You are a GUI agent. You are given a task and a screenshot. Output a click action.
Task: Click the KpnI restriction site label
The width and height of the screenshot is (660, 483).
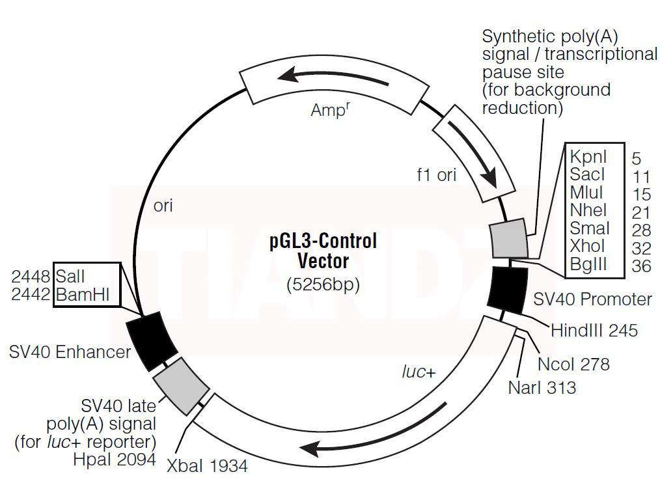click(588, 157)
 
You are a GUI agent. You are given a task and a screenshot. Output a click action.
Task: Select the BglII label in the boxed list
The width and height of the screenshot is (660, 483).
click(588, 264)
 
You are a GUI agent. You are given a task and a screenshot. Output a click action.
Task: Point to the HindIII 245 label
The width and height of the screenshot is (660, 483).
click(594, 331)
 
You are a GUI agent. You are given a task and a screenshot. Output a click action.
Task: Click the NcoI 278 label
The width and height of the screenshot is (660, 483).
click(573, 364)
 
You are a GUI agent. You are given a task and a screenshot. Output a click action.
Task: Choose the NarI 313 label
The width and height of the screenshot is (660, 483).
click(542, 388)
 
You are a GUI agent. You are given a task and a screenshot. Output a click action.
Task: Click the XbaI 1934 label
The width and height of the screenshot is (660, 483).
click(207, 466)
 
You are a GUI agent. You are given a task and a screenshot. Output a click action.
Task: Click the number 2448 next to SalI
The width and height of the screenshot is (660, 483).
click(32, 276)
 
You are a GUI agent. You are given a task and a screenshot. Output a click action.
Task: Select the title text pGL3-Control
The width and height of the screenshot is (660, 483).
click(323, 241)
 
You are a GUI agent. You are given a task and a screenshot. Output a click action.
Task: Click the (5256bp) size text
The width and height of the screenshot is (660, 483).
click(323, 284)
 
